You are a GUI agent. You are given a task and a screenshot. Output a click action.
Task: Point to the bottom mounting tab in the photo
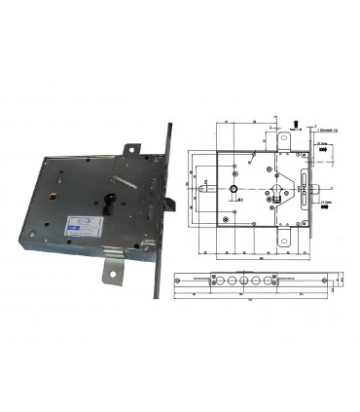point(117,279)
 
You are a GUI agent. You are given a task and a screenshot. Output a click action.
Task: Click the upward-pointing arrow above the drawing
point(295,122)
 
